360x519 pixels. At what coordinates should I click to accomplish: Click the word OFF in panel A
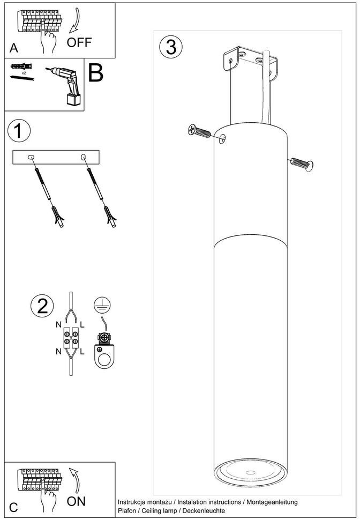79,42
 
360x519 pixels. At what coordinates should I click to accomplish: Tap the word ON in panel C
76,501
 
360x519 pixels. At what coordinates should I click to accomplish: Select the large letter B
95,73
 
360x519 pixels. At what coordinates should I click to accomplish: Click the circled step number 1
19,130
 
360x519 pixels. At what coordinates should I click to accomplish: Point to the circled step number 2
42,306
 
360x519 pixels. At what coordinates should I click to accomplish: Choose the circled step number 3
170,47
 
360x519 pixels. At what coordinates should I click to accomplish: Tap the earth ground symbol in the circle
102,305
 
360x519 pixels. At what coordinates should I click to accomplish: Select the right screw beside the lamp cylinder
302,164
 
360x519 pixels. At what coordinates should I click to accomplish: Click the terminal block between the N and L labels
71,338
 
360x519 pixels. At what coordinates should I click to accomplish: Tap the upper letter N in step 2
59,325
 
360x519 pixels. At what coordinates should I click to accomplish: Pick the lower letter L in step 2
82,351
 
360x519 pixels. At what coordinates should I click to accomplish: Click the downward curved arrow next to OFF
76,20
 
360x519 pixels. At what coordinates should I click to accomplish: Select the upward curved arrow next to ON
74,480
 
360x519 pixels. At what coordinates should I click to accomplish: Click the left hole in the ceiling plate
31,157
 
